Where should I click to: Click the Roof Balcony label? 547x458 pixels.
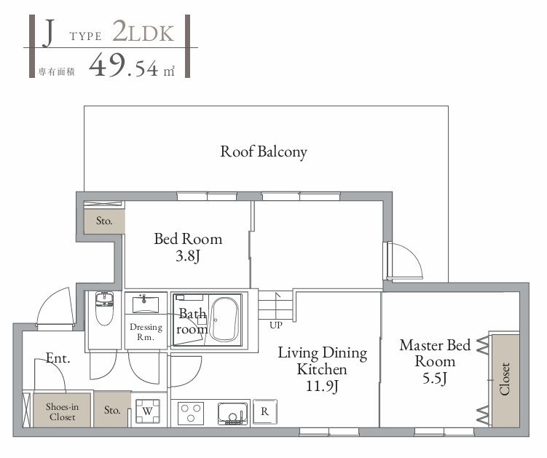coord(264,152)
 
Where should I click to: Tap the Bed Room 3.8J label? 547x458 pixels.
coord(187,247)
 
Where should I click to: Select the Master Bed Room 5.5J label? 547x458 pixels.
coord(435,360)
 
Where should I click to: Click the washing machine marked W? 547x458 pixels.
coord(148,411)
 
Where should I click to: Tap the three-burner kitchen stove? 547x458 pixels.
coord(191,413)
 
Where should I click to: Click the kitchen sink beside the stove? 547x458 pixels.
coord(232,413)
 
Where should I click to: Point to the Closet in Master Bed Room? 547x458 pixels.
coord(505,379)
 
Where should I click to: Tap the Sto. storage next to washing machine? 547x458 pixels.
coord(111,410)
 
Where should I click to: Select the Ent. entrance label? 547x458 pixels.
coord(58,358)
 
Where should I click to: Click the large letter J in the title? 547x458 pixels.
coord(48,33)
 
